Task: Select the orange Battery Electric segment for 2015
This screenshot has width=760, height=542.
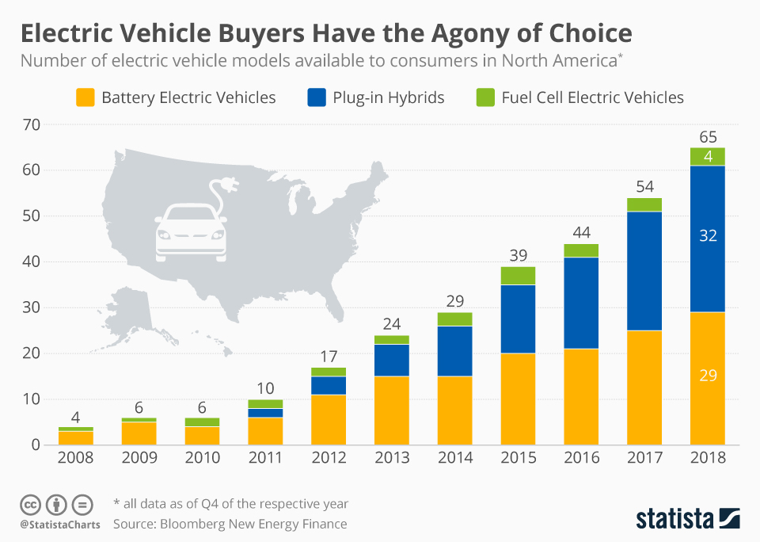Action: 518,399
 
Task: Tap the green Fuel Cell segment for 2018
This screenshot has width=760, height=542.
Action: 707,157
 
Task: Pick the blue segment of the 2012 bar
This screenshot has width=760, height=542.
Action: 329,385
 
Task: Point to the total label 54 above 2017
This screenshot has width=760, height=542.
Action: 644,186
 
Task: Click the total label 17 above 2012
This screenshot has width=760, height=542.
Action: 329,356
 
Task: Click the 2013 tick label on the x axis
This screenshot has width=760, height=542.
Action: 392,458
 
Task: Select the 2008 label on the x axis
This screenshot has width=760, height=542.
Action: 76,458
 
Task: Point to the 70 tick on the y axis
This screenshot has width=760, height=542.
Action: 31,124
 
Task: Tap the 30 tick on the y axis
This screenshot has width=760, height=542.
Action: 31,307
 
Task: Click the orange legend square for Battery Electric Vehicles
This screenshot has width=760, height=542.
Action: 85,97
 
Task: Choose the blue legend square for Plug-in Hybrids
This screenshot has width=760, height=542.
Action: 317,97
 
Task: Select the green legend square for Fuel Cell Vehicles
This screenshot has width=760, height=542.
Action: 484,97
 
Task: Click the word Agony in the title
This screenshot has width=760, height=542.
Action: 439,34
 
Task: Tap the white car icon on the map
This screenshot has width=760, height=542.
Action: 191,231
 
